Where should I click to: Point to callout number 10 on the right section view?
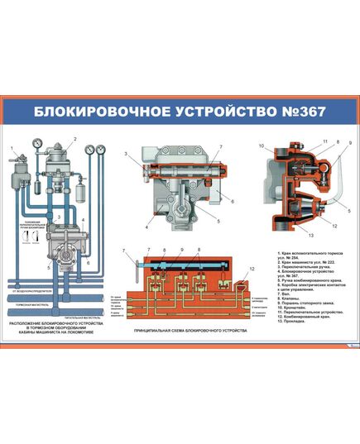(260, 146)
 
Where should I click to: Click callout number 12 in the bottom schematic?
(251, 268)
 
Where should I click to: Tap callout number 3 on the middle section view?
(126, 154)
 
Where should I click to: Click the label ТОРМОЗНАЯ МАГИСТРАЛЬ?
(30, 303)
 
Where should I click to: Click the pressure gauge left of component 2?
(38, 143)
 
